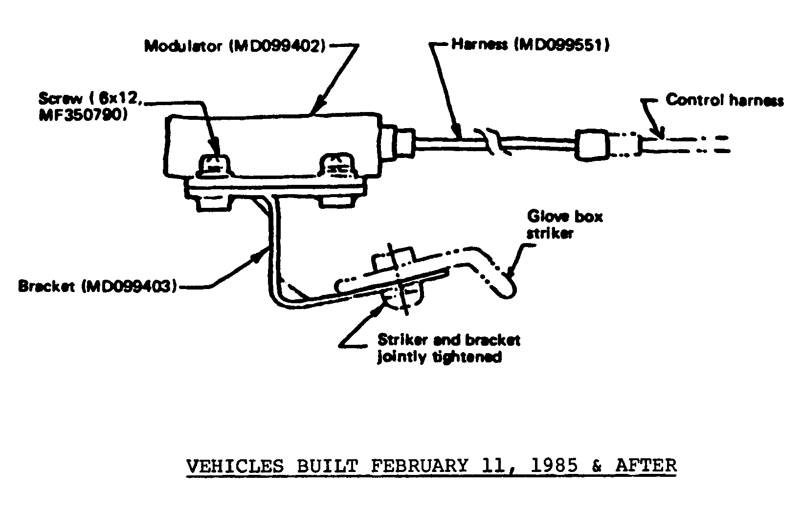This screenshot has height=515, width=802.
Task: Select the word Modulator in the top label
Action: coord(183,46)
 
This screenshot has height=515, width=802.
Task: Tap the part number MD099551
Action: coord(562,45)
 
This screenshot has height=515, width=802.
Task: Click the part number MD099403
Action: coord(130,287)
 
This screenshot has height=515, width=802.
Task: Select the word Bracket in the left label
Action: coord(47,287)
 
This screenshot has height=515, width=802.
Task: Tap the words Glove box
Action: coord(565,216)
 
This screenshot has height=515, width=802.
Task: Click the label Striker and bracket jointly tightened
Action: coord(448,348)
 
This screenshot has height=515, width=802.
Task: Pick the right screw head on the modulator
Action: coord(338,165)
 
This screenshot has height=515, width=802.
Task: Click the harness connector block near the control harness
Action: coord(592,145)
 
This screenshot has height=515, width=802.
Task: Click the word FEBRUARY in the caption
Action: coord(420,466)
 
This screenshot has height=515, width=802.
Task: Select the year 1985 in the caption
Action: coord(555,466)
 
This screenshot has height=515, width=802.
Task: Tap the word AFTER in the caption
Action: coord(646,466)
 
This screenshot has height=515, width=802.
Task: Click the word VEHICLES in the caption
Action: coord(235,466)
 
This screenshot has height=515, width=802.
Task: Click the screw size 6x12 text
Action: coord(117,98)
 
